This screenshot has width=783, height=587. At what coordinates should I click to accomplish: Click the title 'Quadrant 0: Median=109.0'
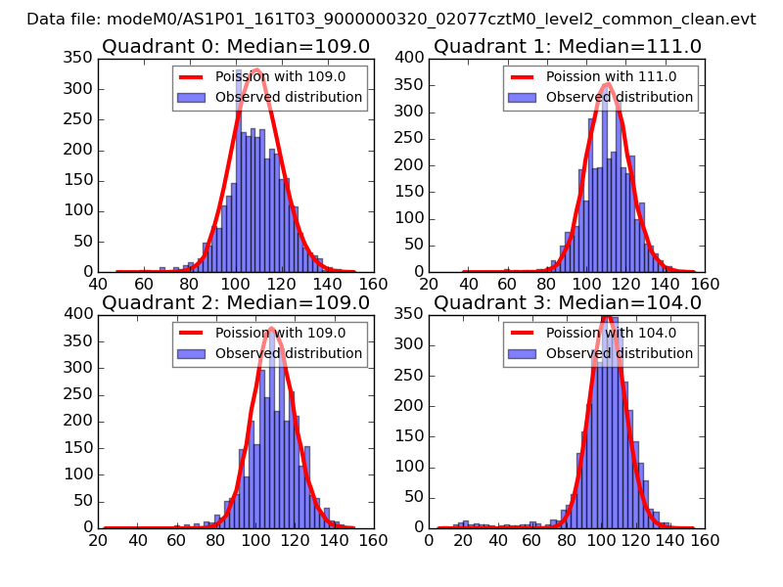coord(235,47)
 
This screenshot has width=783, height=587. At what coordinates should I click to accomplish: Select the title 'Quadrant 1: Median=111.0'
coord(568,47)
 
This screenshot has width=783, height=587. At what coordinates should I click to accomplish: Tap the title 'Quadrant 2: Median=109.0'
coord(235,302)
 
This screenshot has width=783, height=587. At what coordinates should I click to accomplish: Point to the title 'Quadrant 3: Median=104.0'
coord(568,302)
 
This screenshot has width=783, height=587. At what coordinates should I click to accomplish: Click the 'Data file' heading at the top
coord(391,19)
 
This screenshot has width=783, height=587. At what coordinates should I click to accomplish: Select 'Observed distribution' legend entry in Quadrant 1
coord(619,97)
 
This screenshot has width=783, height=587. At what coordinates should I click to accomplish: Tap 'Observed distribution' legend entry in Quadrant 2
coord(288,353)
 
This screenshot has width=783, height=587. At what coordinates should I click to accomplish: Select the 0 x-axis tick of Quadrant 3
coord(430,539)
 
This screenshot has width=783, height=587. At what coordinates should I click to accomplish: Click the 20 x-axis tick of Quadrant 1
coord(430,284)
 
